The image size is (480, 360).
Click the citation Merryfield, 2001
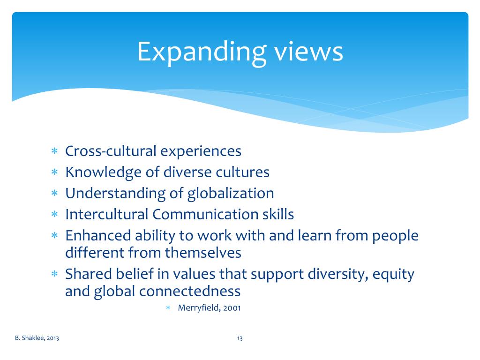coord(209,308)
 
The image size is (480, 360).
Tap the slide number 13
coord(240,338)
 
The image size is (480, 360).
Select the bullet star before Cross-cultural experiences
coord(54,152)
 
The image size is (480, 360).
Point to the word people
coord(395,236)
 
